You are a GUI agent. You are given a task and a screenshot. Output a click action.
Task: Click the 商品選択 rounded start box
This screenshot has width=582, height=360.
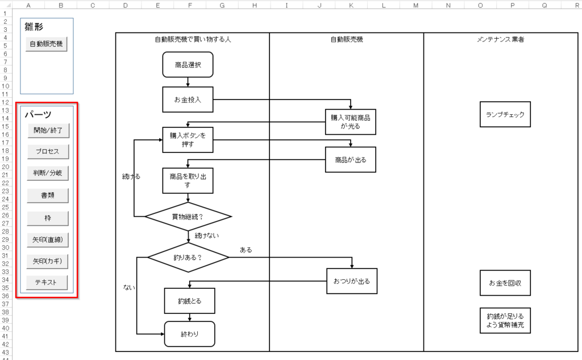[x=188, y=65]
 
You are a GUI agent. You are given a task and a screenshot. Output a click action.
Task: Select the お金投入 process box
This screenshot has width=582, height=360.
[x=188, y=100]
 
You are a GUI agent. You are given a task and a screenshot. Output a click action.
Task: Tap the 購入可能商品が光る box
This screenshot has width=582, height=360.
[x=351, y=122]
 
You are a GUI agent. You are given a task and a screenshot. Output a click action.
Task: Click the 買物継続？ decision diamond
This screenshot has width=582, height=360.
[x=188, y=217]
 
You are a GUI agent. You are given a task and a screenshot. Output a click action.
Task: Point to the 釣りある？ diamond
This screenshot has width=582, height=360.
[x=188, y=257]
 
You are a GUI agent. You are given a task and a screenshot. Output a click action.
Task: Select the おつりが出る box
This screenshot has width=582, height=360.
[x=352, y=281]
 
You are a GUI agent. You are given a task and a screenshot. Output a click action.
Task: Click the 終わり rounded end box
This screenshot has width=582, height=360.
[x=189, y=334]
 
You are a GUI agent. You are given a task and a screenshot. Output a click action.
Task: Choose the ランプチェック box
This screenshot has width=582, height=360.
[x=505, y=114]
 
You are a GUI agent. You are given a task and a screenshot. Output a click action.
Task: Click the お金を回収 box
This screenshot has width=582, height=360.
[x=505, y=283]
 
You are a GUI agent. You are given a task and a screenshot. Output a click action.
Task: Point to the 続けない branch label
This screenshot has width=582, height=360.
[x=206, y=235]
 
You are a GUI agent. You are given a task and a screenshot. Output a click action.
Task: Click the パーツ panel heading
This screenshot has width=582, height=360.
[x=38, y=114]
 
